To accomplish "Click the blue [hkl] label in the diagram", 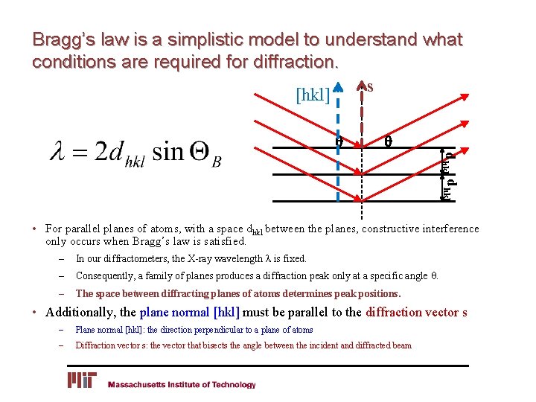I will coord(313,95).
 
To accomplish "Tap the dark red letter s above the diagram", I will coord(370,87).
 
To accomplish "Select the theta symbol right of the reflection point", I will coord(388,140).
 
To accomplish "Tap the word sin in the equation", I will coord(168,153).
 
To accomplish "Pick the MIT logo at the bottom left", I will coord(83,380).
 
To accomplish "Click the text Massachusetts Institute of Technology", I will coord(182,385).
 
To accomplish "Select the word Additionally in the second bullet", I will coord(81,312).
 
